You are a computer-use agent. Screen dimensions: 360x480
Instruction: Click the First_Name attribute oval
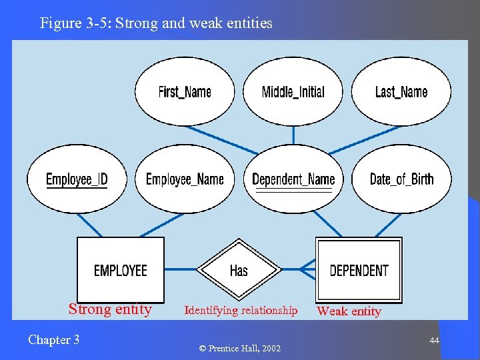[185, 91]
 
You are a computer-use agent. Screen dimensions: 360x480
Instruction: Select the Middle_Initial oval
[293, 91]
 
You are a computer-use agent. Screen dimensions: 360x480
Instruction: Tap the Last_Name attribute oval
[401, 91]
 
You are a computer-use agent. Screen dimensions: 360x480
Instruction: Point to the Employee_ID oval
[77, 179]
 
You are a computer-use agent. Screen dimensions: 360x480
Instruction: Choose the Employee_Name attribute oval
[185, 179]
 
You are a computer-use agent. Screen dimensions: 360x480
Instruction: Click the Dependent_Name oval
[293, 179]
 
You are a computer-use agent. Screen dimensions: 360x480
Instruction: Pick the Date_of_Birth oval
[401, 179]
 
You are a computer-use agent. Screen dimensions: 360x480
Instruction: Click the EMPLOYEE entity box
[121, 270]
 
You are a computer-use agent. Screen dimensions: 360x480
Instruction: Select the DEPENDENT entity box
[359, 270]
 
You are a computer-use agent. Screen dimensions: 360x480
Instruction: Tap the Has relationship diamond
[239, 270]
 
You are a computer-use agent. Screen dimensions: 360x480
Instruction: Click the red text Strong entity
[110, 309]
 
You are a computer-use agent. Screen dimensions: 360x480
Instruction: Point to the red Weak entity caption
[349, 311]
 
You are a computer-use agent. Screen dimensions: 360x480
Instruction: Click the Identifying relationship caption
[241, 310]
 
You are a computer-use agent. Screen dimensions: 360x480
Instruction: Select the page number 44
[434, 341]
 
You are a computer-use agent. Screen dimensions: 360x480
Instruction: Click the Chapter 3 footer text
[53, 340]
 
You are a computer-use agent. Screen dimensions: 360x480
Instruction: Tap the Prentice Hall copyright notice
[239, 349]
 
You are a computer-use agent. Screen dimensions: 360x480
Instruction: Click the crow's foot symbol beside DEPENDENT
[307, 269]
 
